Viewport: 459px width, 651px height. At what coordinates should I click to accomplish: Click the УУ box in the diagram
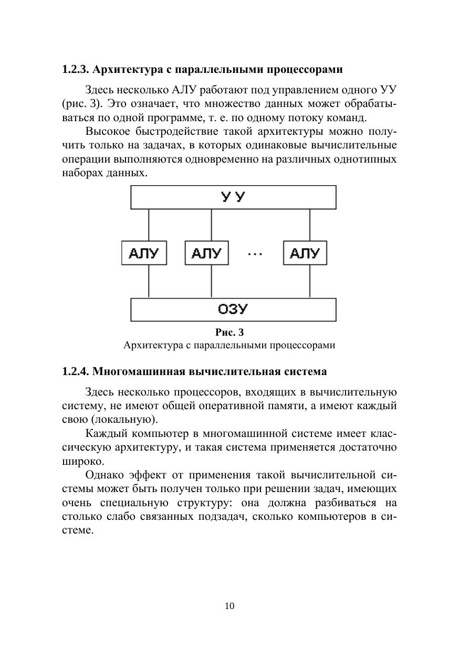coord(233,198)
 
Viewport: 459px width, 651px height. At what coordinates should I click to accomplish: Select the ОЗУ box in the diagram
coord(233,310)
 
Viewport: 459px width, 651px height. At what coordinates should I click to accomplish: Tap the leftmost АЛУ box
coord(144,253)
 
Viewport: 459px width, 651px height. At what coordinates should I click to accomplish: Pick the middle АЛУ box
coord(206,253)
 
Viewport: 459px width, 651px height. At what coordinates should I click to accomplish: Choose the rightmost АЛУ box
coord(305,253)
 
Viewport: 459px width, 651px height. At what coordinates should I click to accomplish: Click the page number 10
coord(229,606)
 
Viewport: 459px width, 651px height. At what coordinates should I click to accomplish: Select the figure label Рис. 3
coord(229,333)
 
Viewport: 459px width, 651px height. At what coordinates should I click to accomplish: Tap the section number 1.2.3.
coord(76,70)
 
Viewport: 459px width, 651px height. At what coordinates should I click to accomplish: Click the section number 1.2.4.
coord(76,372)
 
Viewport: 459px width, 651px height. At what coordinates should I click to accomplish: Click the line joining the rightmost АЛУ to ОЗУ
coord(310,282)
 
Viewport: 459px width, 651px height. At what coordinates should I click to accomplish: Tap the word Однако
coord(102,476)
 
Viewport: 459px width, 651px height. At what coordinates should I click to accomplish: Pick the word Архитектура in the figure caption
coord(151,346)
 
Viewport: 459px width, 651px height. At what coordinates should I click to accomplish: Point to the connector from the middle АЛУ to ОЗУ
coord(211,282)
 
